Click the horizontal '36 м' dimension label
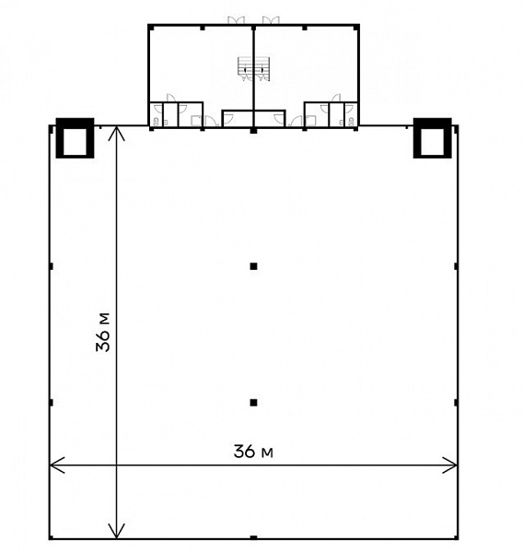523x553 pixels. pos(253,451)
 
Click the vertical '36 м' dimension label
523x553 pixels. pos(103,332)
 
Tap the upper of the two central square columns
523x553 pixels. pos(253,266)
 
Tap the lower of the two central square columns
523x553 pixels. pos(253,403)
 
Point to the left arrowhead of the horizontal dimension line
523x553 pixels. pos(57,465)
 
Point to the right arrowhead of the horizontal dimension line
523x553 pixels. pos(449,465)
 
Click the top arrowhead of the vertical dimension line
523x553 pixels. pos(116,134)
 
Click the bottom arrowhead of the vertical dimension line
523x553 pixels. pos(116,532)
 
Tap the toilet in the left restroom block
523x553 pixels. pos(156,122)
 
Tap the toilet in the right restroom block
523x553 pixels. pos(351,122)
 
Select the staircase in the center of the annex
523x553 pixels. pos(253,69)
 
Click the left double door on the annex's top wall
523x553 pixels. pos(236,20)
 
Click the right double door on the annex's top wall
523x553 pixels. pos(271,20)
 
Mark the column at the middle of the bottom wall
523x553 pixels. pos(253,537)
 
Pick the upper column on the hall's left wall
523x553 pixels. pos(52,266)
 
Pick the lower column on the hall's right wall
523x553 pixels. pos(456,403)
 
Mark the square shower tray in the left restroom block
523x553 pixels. pos(196,121)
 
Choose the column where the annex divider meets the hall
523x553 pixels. pos(253,131)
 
